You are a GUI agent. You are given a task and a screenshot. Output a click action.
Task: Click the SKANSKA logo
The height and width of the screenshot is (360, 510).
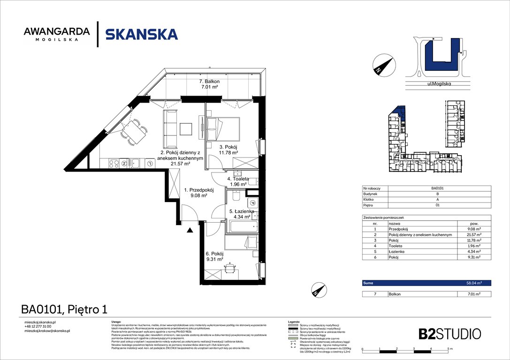click(141, 34)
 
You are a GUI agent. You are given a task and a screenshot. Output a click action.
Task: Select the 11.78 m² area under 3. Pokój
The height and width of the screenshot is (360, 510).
click(228, 152)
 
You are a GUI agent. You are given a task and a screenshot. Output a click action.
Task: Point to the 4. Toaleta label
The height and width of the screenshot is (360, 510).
click(238, 179)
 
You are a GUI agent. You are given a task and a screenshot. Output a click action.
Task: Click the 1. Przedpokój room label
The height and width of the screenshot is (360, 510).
click(198, 190)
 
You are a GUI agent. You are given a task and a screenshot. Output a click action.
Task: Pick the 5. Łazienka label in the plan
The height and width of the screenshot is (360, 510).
click(242, 211)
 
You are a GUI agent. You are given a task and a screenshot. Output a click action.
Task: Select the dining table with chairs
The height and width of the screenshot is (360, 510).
click(133, 131)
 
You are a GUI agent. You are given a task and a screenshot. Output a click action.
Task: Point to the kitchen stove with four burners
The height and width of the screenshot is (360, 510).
click(114, 163)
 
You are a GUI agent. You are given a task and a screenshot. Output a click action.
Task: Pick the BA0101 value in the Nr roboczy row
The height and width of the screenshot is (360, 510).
click(438, 188)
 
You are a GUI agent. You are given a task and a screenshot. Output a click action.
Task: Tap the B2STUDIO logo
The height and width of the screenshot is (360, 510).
click(449, 334)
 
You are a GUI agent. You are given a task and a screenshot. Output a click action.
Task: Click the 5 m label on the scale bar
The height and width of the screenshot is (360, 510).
click(449, 349)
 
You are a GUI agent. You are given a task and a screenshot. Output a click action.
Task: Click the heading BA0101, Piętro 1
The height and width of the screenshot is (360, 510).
click(64, 309)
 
